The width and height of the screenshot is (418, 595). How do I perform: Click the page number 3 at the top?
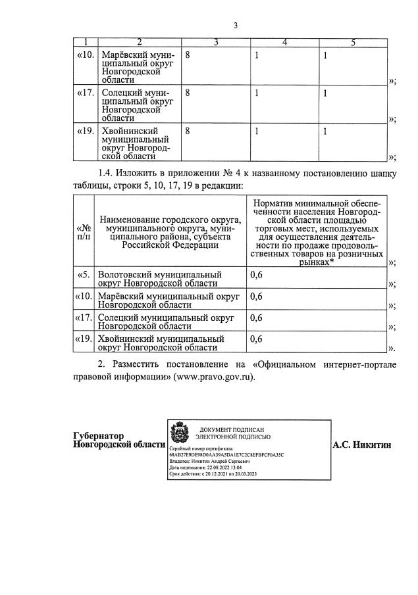(x=235, y=26)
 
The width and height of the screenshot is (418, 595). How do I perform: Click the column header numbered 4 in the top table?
(x=284, y=43)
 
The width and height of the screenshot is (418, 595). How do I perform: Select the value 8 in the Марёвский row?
(x=188, y=56)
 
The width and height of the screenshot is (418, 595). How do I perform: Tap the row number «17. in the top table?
(x=86, y=93)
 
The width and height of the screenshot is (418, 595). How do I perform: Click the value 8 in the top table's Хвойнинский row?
(x=188, y=131)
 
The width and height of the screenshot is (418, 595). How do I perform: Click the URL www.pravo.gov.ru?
(x=213, y=377)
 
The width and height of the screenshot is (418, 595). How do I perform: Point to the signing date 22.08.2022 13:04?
(x=214, y=467)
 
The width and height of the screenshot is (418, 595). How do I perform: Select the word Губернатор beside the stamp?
(x=98, y=436)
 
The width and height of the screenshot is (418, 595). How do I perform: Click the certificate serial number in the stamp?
(x=226, y=454)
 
